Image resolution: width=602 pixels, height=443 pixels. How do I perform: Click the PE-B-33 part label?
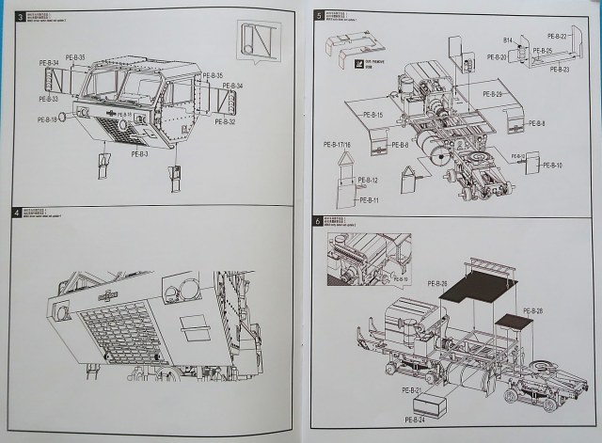tap(48, 99)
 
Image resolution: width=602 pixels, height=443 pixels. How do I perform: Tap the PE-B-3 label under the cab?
tap(141, 153)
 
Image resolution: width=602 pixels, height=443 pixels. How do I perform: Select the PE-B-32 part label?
tap(225, 121)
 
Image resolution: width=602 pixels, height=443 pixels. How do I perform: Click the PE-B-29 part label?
tap(492, 94)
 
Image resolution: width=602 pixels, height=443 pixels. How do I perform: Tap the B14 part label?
tap(506, 41)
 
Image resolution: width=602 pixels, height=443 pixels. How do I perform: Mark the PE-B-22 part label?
tap(557, 36)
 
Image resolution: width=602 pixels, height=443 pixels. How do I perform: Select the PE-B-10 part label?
tap(551, 166)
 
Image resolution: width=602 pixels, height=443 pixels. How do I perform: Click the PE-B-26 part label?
tap(438, 283)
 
